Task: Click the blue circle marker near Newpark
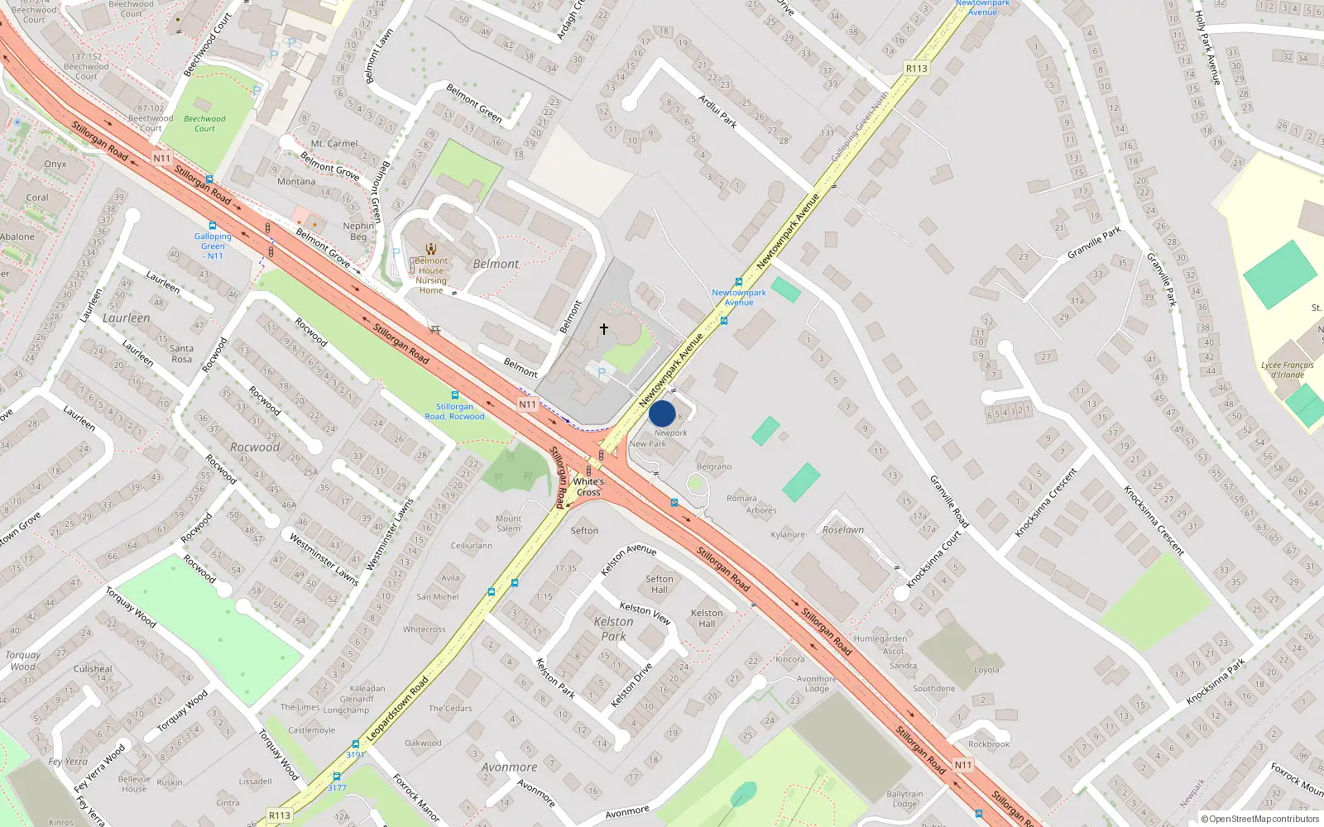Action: [x=662, y=413]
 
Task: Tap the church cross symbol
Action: [x=604, y=329]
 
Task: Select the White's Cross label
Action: [x=588, y=486]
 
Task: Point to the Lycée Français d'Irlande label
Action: [x=1288, y=370]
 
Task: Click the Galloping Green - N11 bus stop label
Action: [x=213, y=246]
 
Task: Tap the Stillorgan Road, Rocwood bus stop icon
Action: [x=454, y=395]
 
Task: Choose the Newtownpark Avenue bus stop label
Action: [x=739, y=297]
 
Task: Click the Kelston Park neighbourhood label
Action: [x=613, y=629]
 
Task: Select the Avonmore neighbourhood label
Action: [x=509, y=767]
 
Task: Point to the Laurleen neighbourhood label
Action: [x=127, y=318]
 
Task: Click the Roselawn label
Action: [x=842, y=529]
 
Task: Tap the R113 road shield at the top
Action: [x=916, y=69]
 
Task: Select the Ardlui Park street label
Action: [x=717, y=111]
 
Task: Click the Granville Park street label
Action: [x=1093, y=241]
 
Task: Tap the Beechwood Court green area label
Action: [x=204, y=123]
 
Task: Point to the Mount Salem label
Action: [x=508, y=523]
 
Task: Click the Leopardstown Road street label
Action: [x=397, y=709]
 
